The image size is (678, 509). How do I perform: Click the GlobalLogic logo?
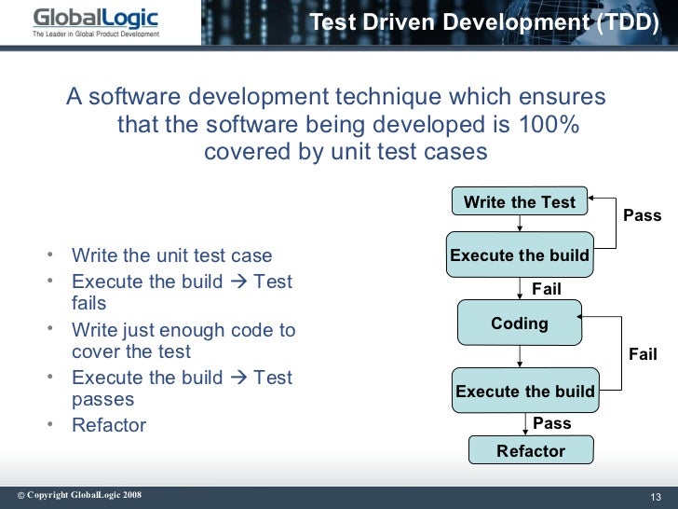[x=95, y=19]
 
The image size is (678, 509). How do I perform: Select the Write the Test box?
[x=520, y=202]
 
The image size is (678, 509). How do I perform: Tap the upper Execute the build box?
[x=520, y=255]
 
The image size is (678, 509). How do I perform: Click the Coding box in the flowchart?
[x=520, y=323]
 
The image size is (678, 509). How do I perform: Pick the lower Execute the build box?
[x=525, y=392]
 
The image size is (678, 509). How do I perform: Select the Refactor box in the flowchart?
[x=531, y=451]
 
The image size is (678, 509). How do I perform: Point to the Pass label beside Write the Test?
[x=642, y=215]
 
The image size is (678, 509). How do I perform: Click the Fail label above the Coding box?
[x=546, y=289]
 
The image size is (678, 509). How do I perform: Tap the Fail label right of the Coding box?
[x=643, y=354]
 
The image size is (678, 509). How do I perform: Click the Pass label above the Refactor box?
[x=551, y=423]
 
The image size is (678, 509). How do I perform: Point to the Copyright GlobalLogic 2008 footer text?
[x=79, y=495]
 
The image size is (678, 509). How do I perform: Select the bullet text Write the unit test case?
[x=172, y=255]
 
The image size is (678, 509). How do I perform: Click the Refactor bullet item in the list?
[x=109, y=425]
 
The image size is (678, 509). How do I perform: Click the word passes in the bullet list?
[x=102, y=399]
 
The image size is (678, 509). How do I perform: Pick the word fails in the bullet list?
[x=89, y=303]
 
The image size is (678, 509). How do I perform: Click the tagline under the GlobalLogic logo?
[x=95, y=34]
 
